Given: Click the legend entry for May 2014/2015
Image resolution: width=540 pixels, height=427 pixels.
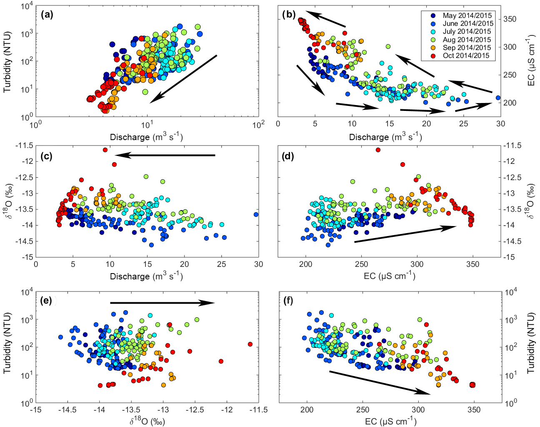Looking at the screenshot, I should (x=467, y=16).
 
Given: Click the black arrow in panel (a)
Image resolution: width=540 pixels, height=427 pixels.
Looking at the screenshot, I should (x=184, y=78).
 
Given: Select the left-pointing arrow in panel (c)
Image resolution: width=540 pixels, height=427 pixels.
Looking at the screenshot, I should (x=165, y=155).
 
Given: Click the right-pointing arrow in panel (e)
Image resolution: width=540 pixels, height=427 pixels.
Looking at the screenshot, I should (x=162, y=303).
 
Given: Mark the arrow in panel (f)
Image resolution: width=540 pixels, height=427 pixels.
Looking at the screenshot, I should (x=380, y=382).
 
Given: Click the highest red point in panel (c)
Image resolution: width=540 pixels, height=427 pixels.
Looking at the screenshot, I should (x=105, y=150).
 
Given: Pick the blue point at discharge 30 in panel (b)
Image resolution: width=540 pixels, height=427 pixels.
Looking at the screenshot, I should (x=498, y=98).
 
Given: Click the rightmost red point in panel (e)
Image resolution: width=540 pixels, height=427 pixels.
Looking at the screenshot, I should (x=250, y=344).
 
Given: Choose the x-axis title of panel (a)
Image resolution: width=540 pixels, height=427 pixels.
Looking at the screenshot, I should (x=146, y=137).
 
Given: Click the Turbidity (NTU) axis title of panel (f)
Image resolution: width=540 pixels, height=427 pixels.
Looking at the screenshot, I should (x=531, y=347).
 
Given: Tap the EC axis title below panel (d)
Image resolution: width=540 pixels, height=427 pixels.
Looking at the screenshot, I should (x=389, y=276).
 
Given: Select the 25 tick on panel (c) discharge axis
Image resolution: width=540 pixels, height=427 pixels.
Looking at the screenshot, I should (x=221, y=264).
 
